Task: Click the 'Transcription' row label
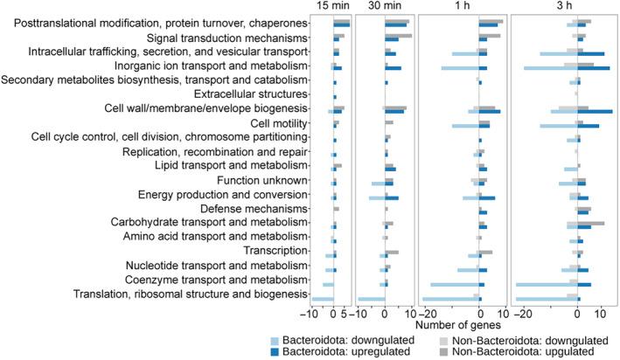(276, 251)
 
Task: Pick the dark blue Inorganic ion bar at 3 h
(594, 67)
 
